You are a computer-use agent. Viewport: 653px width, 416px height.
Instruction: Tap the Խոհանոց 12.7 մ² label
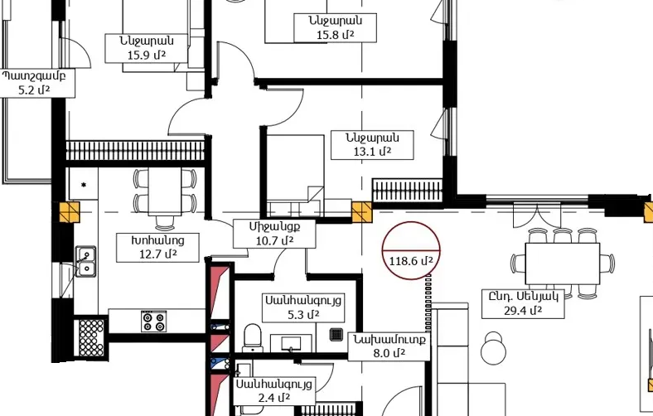[x=157, y=247]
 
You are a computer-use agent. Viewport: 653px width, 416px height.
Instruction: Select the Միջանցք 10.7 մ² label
[x=274, y=233]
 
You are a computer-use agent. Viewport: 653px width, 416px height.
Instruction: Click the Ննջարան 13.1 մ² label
[x=372, y=145]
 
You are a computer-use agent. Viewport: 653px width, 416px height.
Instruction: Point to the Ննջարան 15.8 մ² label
[x=336, y=27]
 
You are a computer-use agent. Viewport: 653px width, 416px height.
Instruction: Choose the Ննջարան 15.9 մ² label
[x=146, y=48]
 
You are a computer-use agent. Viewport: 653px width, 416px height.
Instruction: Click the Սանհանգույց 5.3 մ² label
[x=303, y=307]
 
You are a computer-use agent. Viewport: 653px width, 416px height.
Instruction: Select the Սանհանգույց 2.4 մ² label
[x=274, y=391]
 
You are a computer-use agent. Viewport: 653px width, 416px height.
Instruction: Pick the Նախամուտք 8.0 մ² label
[x=389, y=346]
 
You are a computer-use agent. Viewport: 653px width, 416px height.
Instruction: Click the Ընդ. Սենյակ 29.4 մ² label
[x=523, y=304]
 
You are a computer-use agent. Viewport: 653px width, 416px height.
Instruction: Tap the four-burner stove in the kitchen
[x=153, y=321]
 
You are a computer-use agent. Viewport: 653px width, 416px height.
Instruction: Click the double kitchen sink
[x=86, y=261]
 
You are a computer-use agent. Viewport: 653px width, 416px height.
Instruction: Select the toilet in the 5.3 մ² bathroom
[x=253, y=337]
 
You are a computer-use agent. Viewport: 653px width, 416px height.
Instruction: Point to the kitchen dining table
[x=165, y=191]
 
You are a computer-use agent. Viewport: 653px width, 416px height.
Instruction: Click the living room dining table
[x=562, y=264]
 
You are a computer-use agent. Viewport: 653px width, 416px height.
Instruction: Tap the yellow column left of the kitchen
[x=70, y=212]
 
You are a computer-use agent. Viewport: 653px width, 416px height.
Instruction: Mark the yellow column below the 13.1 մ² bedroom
[x=361, y=212]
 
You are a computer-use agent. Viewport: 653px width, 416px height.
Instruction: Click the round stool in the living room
[x=494, y=348]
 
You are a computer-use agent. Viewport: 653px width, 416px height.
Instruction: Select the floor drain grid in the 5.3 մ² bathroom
[x=336, y=335]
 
